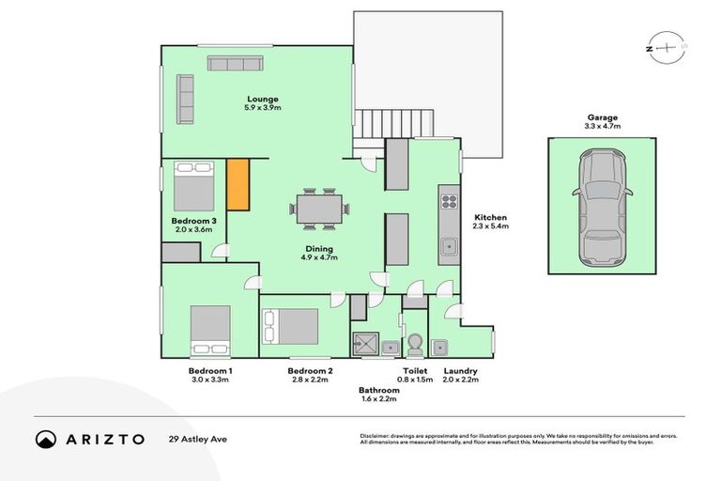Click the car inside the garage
pos(602,207)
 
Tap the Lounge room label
pos(264,99)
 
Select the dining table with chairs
pos(319,209)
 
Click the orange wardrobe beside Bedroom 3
pos(238,185)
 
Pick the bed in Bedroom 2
pos(290,326)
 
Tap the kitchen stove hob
pos(449,200)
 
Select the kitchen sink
pos(449,247)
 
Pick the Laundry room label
pos(460,371)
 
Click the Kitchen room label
pos(491,217)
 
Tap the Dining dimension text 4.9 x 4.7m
pos(317,257)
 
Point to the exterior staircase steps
pos(394,123)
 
